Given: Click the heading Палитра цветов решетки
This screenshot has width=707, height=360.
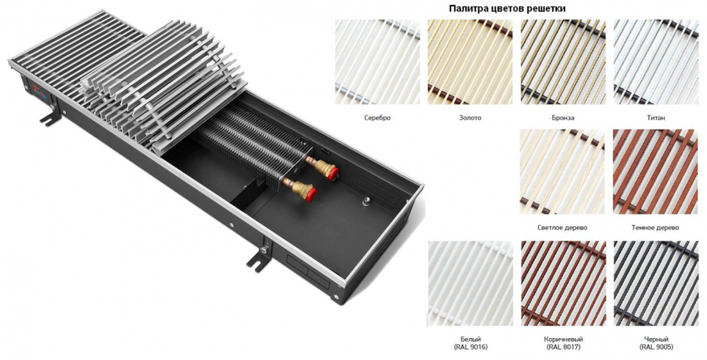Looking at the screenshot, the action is [507, 9].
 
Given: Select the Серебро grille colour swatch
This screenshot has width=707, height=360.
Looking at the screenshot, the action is [377, 62].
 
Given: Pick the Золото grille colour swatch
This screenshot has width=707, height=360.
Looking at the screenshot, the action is [470, 62].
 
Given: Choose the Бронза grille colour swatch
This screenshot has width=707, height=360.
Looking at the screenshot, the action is [562, 62].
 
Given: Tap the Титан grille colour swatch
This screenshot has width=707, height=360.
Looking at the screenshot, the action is [656, 62].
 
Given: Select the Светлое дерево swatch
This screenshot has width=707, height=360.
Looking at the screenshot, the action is [562, 172].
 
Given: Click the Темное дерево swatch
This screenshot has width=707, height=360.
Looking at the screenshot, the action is [655, 172].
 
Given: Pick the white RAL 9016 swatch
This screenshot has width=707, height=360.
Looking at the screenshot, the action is [470, 283].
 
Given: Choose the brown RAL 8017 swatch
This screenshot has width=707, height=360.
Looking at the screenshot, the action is [563, 283].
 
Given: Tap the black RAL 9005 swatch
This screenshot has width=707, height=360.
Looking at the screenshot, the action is [656, 283].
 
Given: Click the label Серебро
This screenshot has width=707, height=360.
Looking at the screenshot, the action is [377, 118].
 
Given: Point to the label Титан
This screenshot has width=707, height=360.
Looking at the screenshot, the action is [656, 118].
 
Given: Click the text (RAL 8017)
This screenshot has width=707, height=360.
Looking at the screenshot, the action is [563, 347].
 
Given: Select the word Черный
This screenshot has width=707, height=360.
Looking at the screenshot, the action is [656, 340].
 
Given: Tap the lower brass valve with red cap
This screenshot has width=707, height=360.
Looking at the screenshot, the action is [300, 189].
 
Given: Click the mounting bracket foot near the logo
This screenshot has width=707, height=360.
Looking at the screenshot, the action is [50, 117].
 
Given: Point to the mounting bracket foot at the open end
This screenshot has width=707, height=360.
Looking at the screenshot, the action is [258, 258].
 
